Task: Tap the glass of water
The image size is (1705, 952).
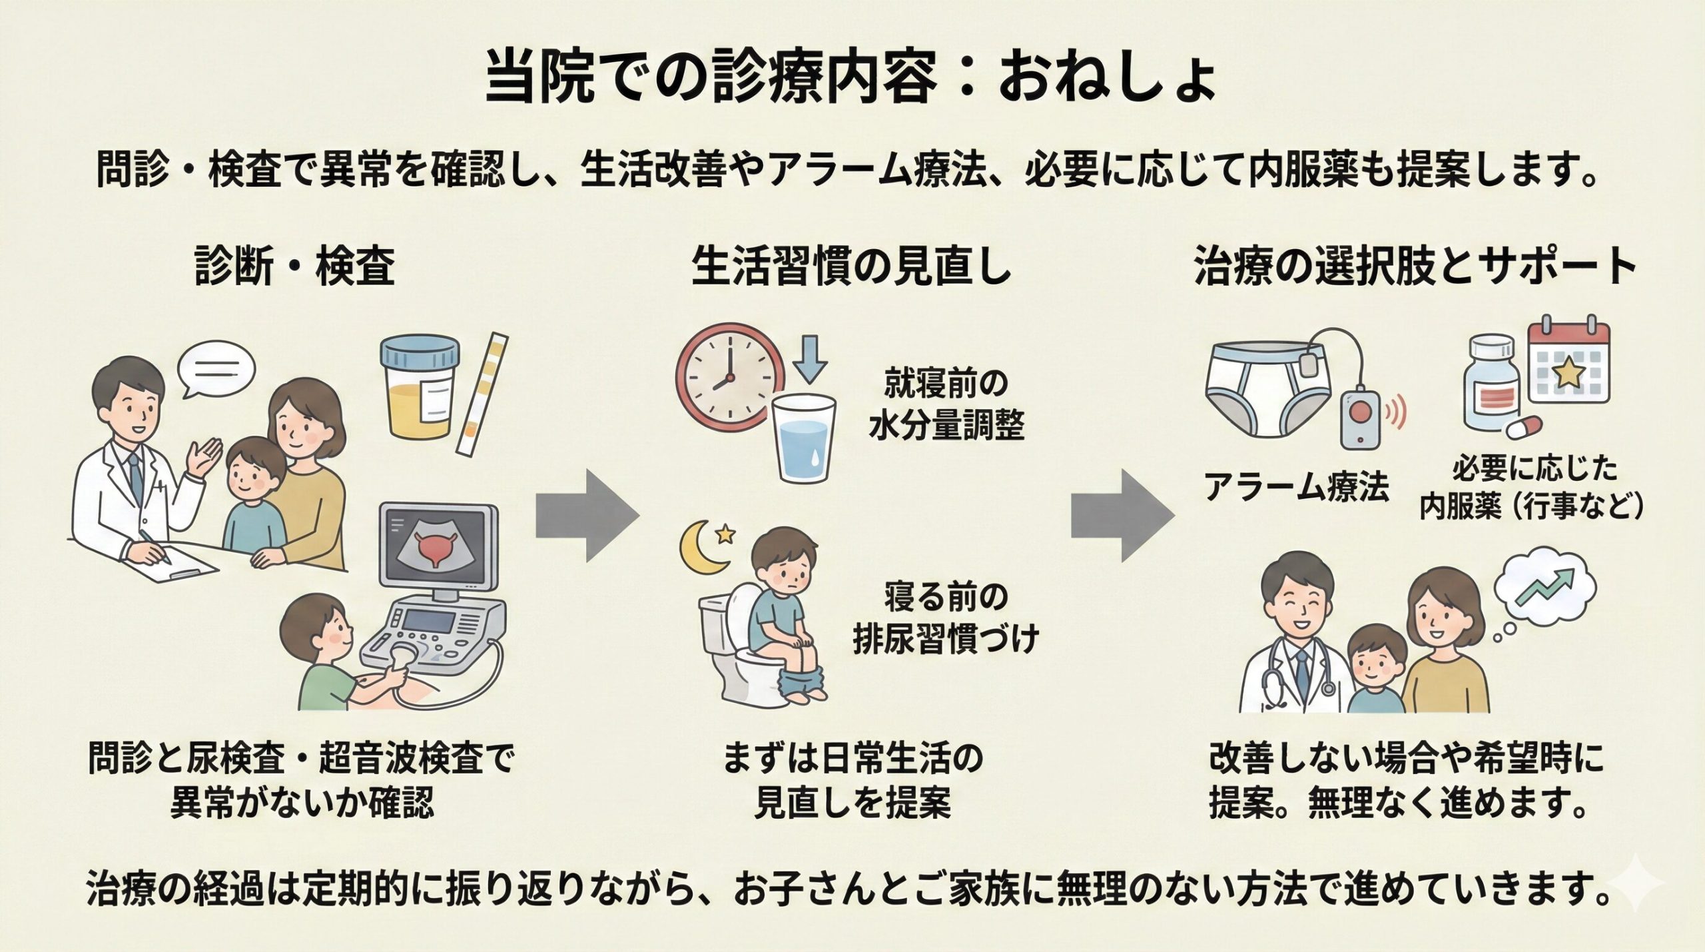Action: [804, 438]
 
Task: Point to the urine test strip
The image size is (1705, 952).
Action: [483, 393]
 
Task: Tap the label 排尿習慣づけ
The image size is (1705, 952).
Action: [946, 640]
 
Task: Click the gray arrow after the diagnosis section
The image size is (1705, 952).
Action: [587, 514]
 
